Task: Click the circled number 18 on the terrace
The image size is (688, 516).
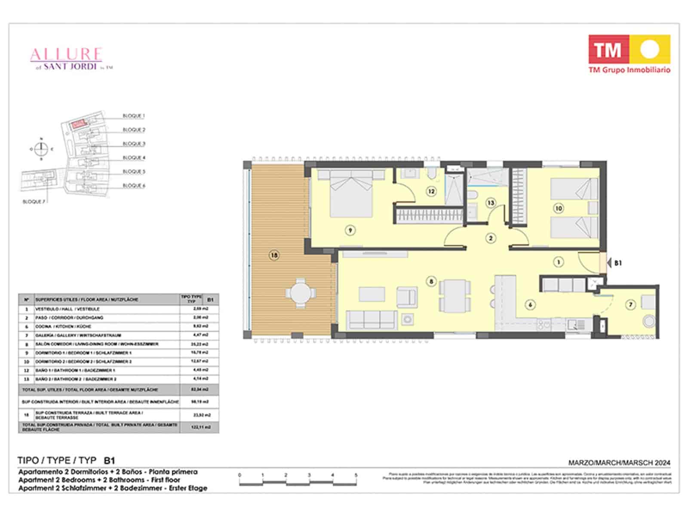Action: tap(274, 255)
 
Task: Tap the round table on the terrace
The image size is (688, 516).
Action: tap(301, 293)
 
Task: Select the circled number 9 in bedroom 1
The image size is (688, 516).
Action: tap(350, 230)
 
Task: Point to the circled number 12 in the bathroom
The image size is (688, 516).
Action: tap(431, 191)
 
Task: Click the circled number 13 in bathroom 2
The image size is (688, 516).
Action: tap(491, 203)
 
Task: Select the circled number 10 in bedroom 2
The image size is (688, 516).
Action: tap(559, 209)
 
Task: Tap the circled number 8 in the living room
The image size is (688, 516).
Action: tap(431, 282)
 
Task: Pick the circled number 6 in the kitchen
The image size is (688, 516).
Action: tap(531, 304)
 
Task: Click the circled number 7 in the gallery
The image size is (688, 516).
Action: tap(631, 304)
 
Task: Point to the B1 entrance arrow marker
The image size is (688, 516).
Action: tap(609, 262)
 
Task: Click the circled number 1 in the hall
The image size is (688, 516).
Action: tap(559, 262)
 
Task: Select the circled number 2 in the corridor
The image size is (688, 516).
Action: tap(491, 238)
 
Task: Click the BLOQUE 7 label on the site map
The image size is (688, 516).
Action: tap(33, 201)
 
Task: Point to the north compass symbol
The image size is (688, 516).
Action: tap(41, 149)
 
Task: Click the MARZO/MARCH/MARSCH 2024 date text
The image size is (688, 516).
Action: tap(619, 463)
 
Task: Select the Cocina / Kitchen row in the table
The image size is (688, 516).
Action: tap(107, 326)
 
